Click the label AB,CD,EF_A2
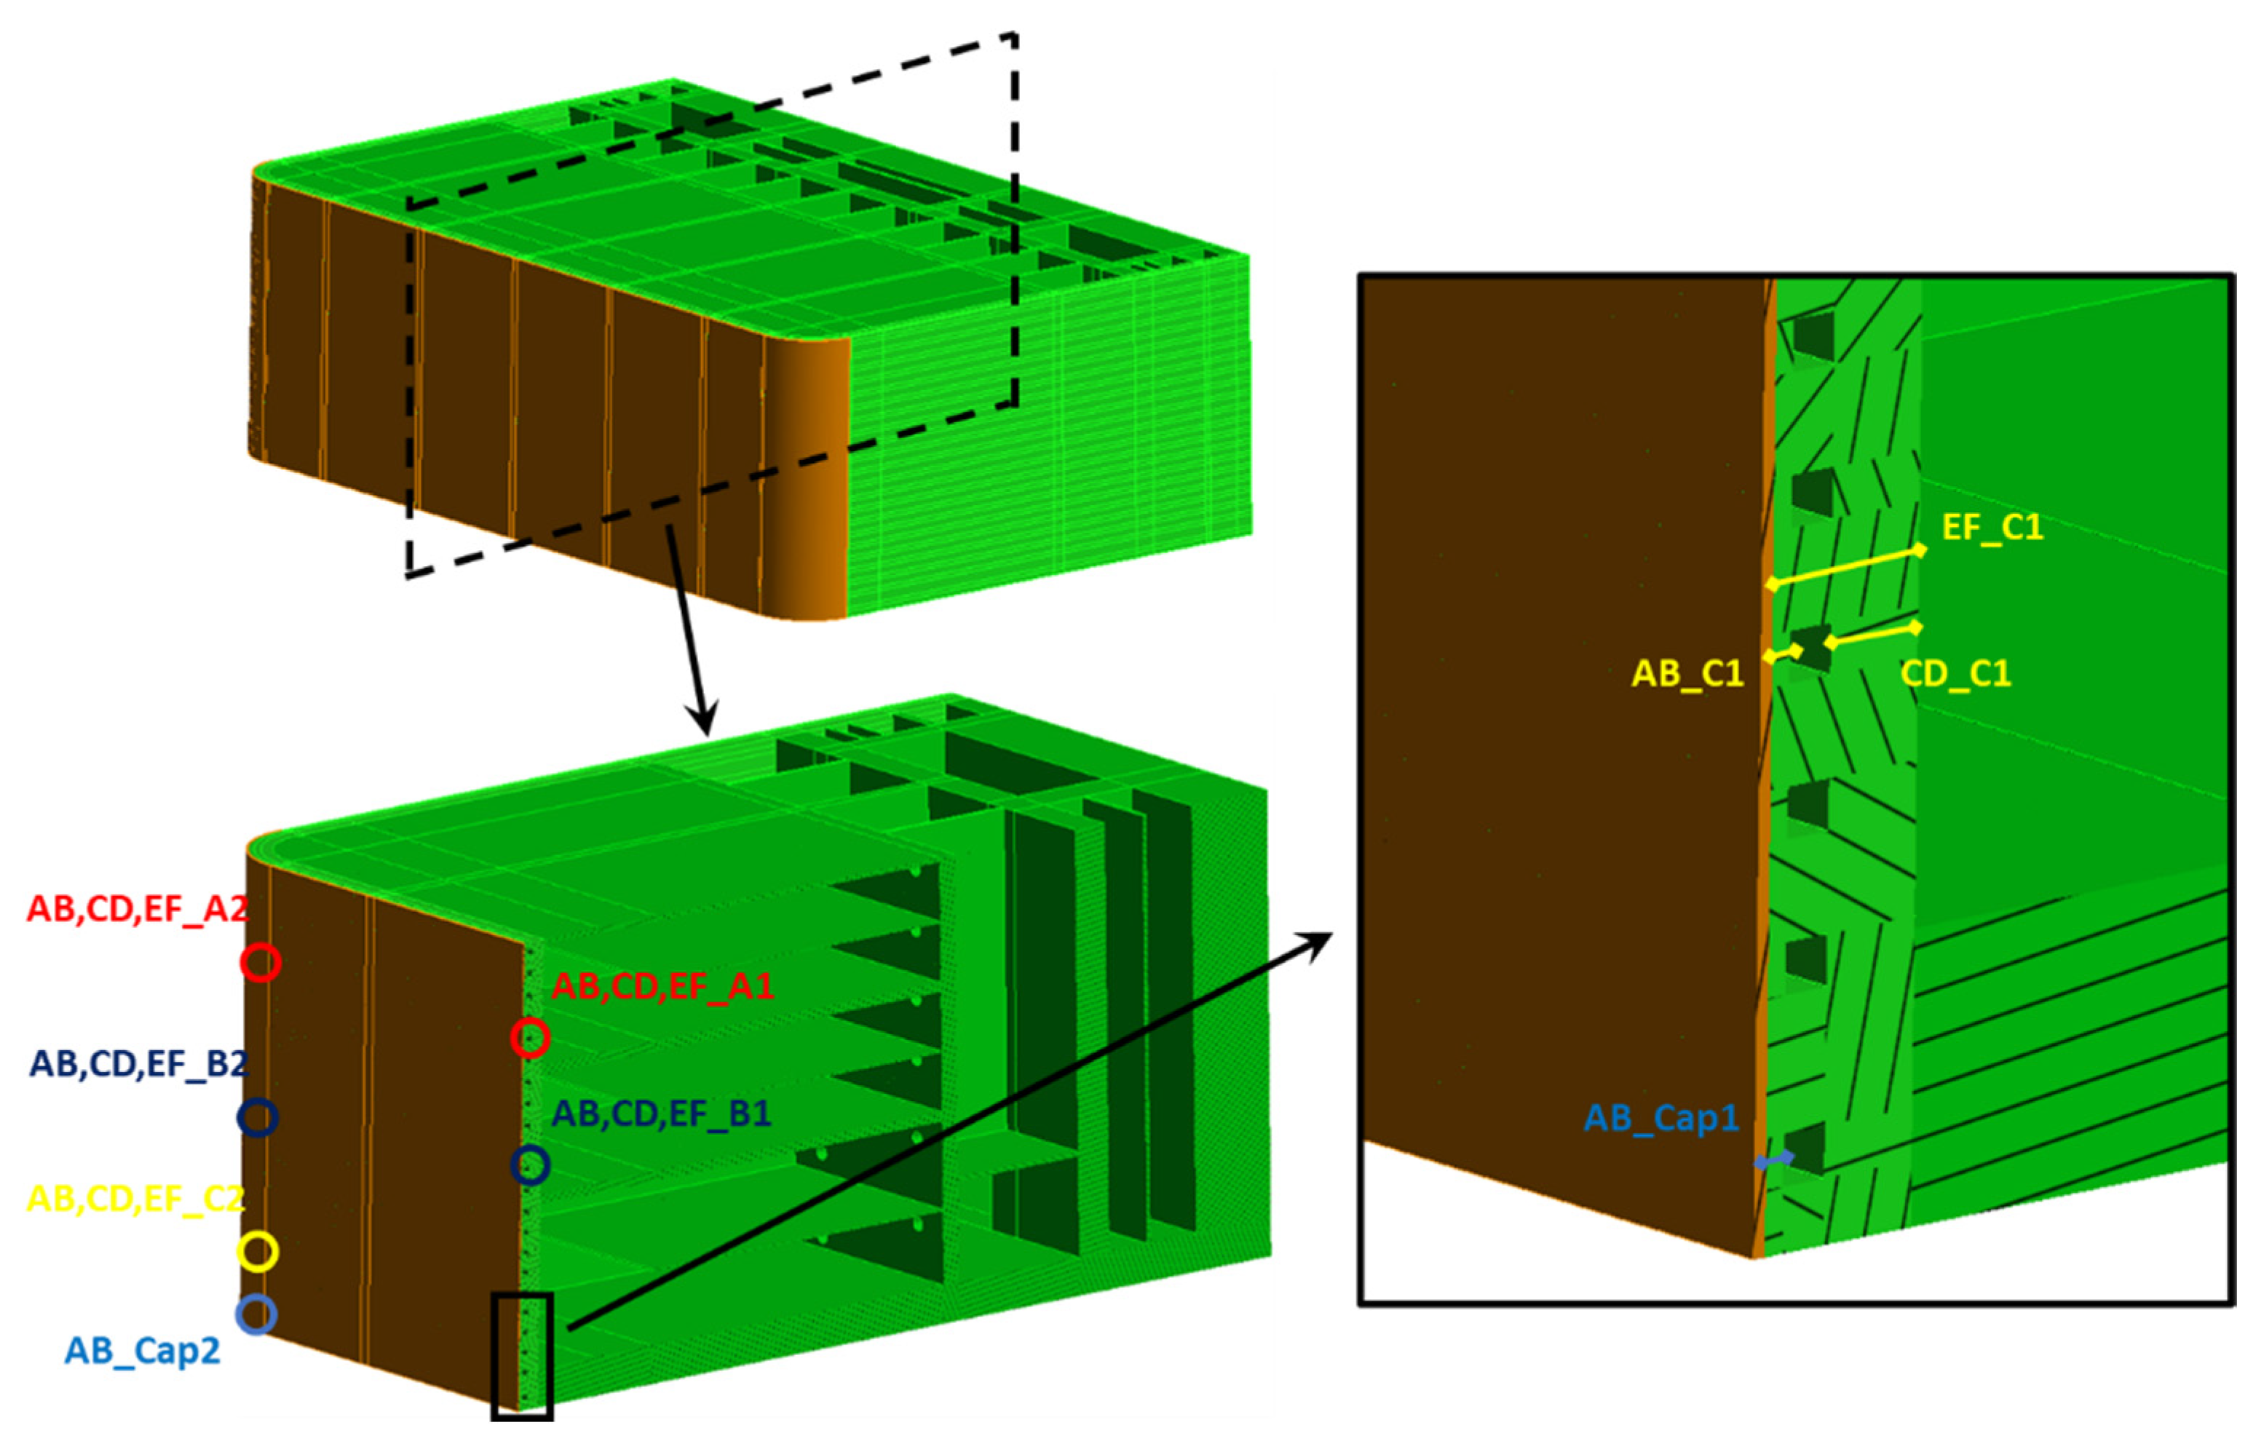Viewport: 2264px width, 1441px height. tap(138, 909)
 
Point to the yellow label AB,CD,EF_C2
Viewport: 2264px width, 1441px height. tap(136, 1199)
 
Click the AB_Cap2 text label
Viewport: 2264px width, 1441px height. tap(142, 1350)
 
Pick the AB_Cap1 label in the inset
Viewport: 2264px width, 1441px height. tap(1661, 1118)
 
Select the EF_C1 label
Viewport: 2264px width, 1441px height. tap(1992, 528)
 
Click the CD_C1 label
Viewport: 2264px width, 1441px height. tap(1955, 673)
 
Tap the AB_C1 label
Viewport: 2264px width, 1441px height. tap(1687, 673)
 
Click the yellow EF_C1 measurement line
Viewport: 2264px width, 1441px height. tap(1845, 567)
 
